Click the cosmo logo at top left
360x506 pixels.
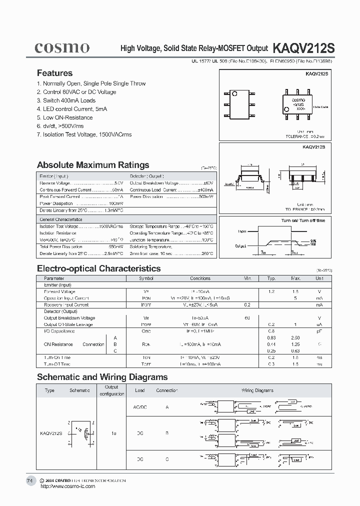click(62, 47)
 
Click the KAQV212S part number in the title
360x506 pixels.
click(303, 48)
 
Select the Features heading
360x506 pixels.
click(54, 73)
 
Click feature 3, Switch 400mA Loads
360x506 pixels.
click(66, 100)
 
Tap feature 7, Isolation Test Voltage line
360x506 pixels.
click(84, 134)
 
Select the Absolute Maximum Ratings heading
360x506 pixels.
click(93, 165)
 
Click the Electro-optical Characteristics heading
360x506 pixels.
click(99, 268)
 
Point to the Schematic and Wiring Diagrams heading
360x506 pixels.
click(102, 377)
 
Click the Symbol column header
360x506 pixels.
click(146, 278)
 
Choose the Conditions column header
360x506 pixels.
click(200, 278)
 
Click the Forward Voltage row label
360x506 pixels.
click(59, 291)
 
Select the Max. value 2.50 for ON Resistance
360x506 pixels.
click(295, 338)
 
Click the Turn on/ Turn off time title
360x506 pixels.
click(303, 220)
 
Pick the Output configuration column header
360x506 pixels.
click(111, 390)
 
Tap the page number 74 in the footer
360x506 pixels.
click(29, 480)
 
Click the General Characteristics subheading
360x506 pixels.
click(61, 219)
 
